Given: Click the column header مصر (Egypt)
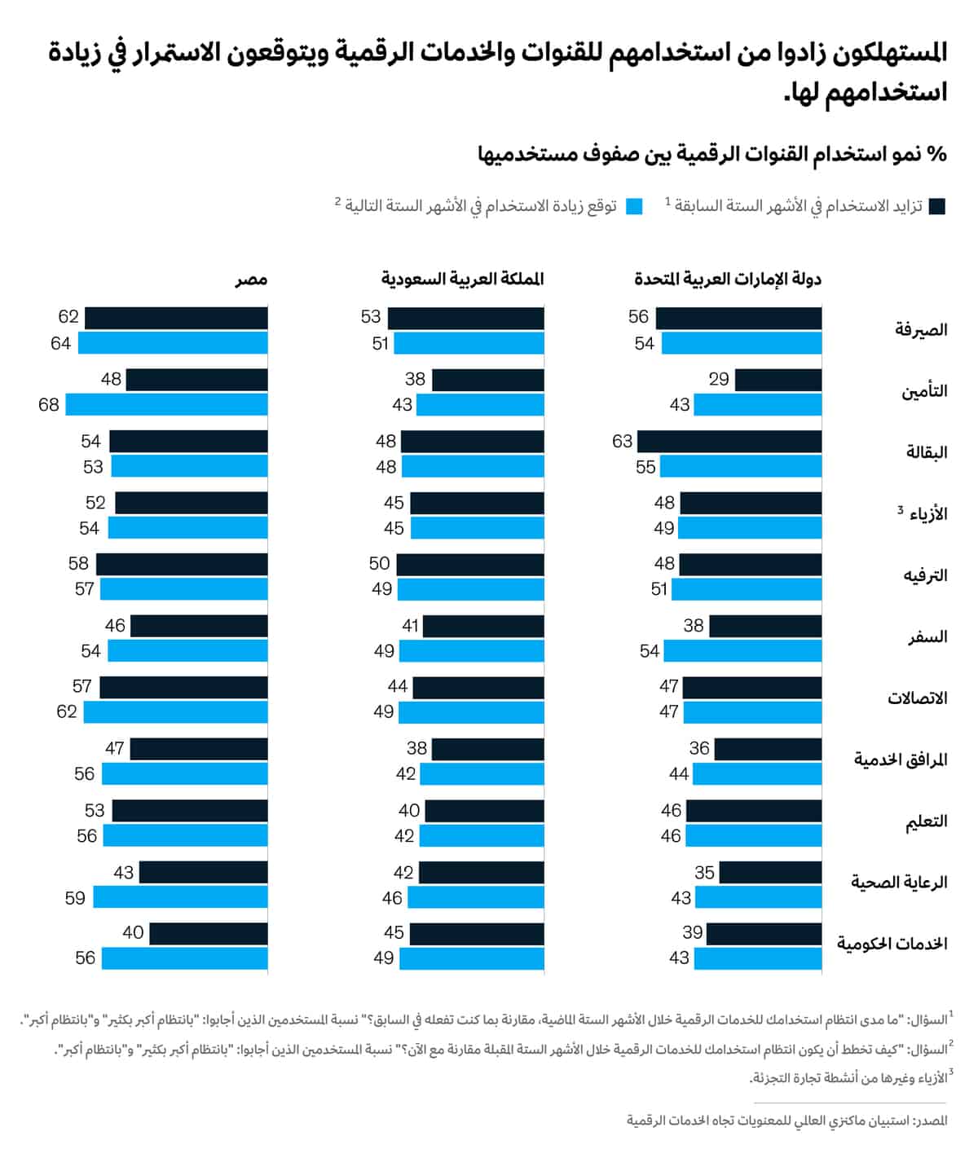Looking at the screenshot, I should point(251,280).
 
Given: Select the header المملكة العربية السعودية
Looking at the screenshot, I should point(462,280).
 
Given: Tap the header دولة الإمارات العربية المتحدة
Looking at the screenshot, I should point(728,280).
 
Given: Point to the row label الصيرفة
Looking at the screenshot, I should point(921,330).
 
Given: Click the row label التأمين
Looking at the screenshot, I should point(924,391).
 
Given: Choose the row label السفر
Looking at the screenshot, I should point(927,637).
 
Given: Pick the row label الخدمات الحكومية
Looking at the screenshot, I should point(892,944).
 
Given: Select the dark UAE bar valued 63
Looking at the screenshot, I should point(729,442).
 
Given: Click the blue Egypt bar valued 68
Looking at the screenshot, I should point(167,404).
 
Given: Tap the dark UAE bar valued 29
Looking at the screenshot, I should point(778,380).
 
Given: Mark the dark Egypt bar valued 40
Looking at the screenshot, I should point(209,933).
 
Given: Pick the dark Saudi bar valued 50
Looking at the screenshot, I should point(470,564).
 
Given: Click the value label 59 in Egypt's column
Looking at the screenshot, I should point(75,897).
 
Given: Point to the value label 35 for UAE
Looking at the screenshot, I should point(704,873).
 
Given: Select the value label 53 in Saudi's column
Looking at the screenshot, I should point(371,317).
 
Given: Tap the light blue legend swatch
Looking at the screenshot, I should point(635,206).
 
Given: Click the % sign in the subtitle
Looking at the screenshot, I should point(937,154).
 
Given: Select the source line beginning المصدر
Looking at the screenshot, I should point(786,1121).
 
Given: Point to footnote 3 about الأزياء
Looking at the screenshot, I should point(848,1077).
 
